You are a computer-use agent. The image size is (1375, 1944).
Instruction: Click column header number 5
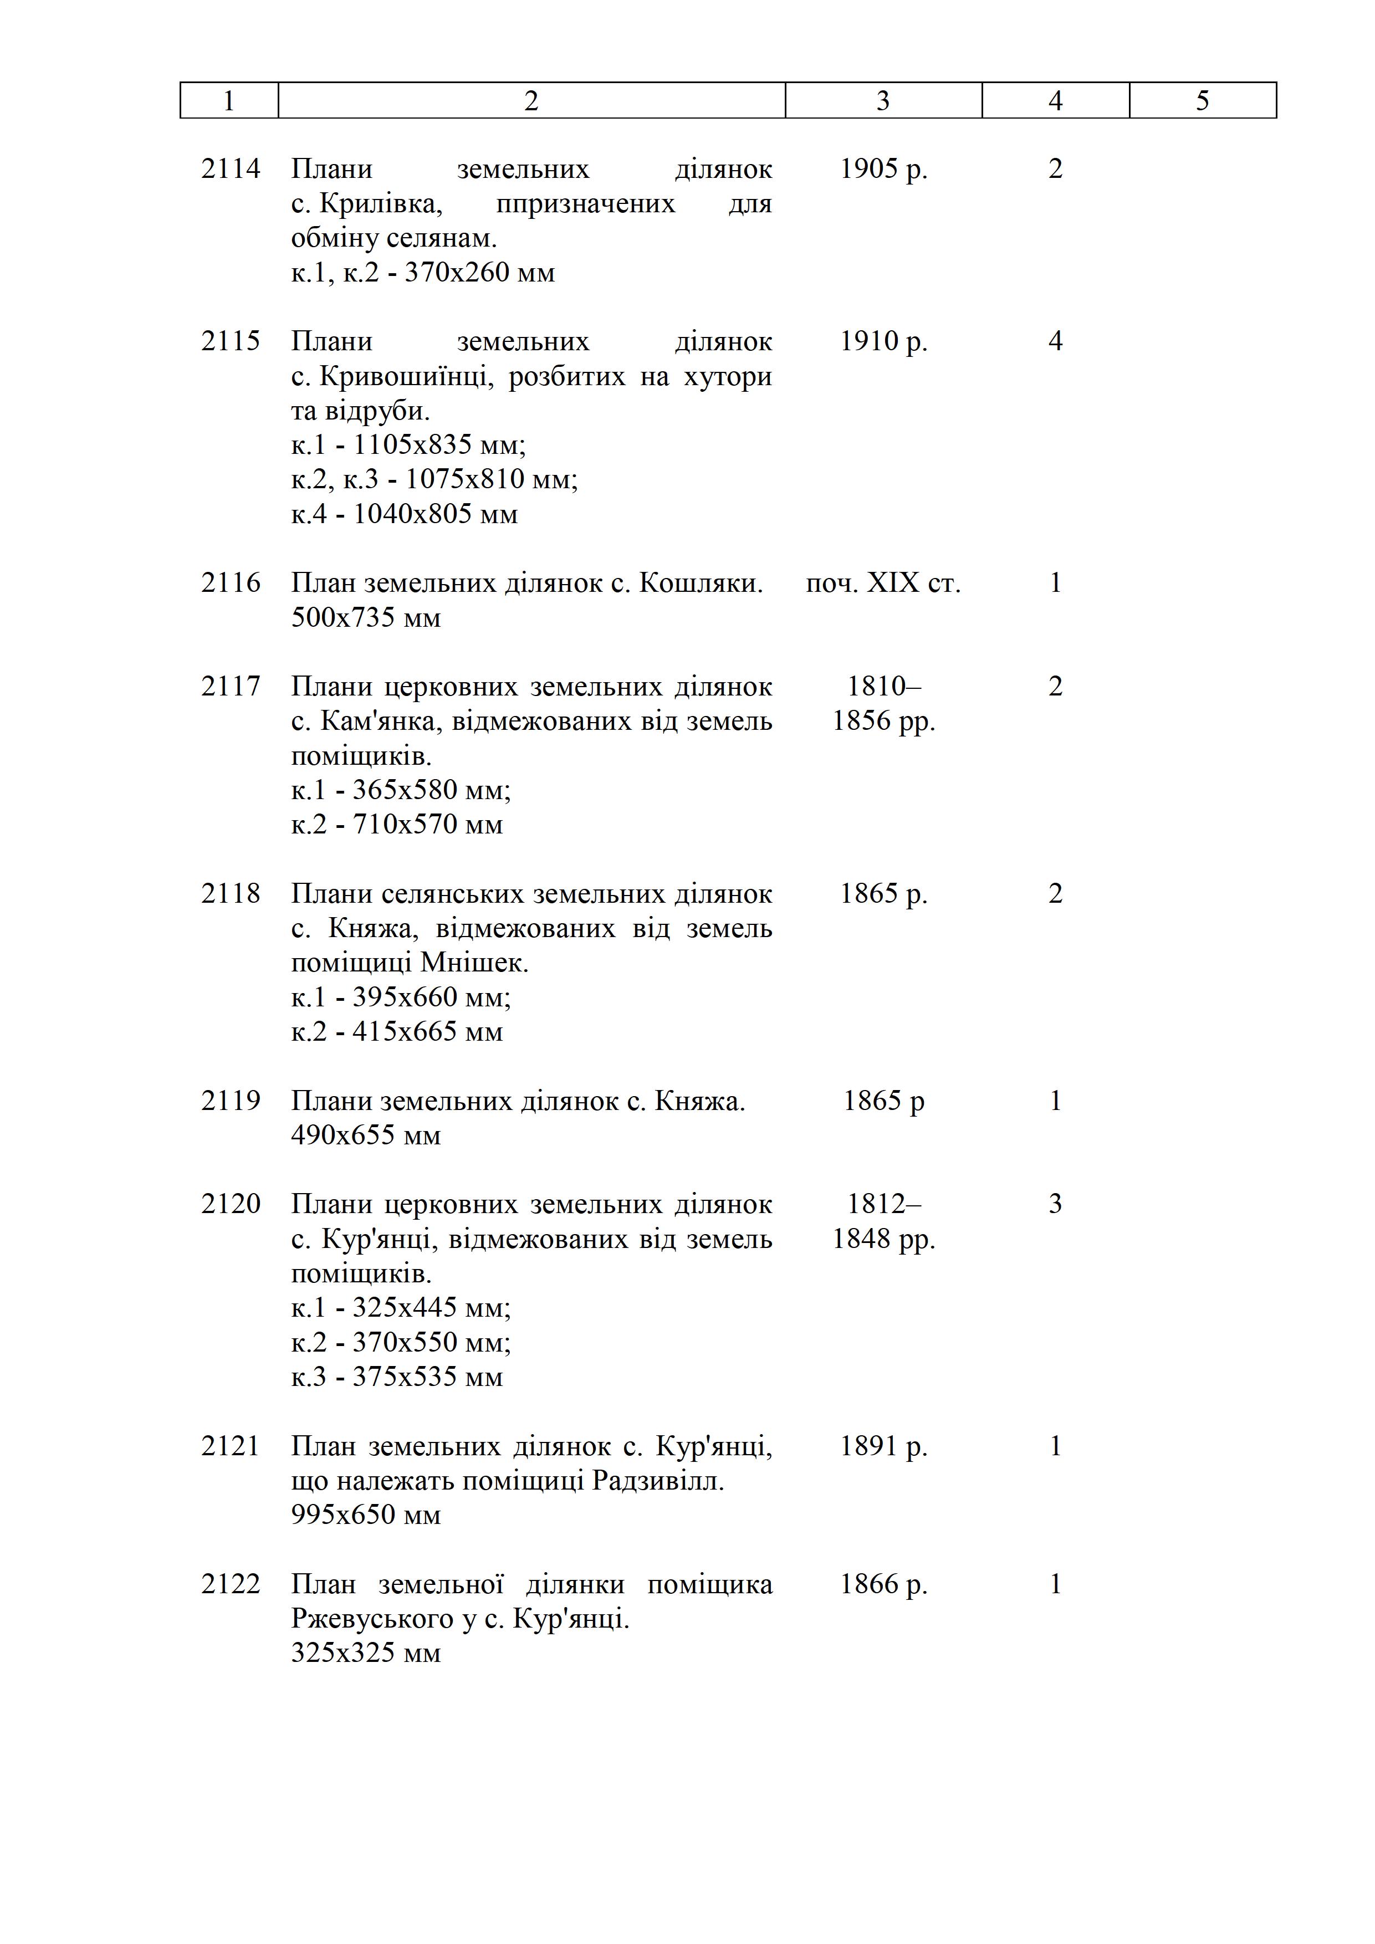(1202, 101)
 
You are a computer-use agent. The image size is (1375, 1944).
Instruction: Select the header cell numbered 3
(883, 101)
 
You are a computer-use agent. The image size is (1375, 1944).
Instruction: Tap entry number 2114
(231, 170)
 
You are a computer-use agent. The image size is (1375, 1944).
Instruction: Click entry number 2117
(231, 687)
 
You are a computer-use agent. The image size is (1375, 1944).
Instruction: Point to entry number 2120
(231, 1204)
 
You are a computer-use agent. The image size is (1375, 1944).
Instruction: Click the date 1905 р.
(883, 170)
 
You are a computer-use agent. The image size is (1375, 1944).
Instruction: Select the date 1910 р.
(883, 341)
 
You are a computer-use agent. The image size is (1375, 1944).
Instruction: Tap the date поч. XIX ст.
(883, 584)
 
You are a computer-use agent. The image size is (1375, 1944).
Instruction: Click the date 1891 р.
(883, 1446)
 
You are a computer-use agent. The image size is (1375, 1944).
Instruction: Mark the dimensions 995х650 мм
(366, 1515)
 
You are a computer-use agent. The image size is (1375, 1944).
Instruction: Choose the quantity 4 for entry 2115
(1055, 341)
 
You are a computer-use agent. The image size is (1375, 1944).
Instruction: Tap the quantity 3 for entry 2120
(1055, 1204)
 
